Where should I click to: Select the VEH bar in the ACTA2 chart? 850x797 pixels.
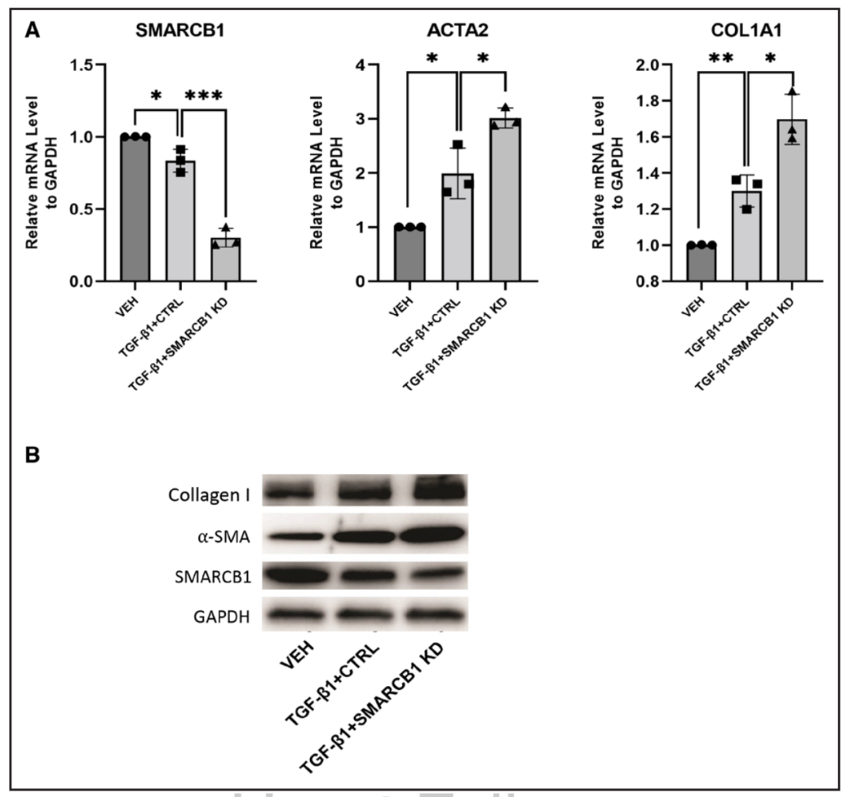(x=409, y=254)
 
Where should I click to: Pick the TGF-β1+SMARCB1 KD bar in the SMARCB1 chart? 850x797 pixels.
(x=226, y=259)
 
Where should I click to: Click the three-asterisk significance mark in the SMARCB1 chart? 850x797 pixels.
(x=204, y=96)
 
